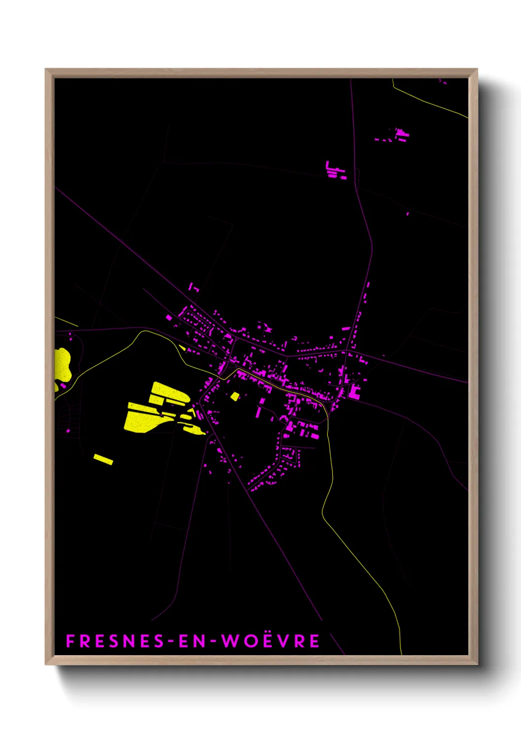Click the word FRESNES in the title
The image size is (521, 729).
(x=115, y=641)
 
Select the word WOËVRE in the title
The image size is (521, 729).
(x=270, y=641)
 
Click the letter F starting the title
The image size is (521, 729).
(x=70, y=641)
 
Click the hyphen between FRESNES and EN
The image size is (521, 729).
(x=170, y=641)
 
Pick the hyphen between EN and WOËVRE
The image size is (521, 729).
(x=213, y=641)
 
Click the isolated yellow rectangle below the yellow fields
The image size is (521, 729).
(x=103, y=459)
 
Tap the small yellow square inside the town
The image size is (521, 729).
(x=235, y=396)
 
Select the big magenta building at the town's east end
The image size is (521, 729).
(x=354, y=392)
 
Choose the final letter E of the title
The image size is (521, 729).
(x=314, y=641)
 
